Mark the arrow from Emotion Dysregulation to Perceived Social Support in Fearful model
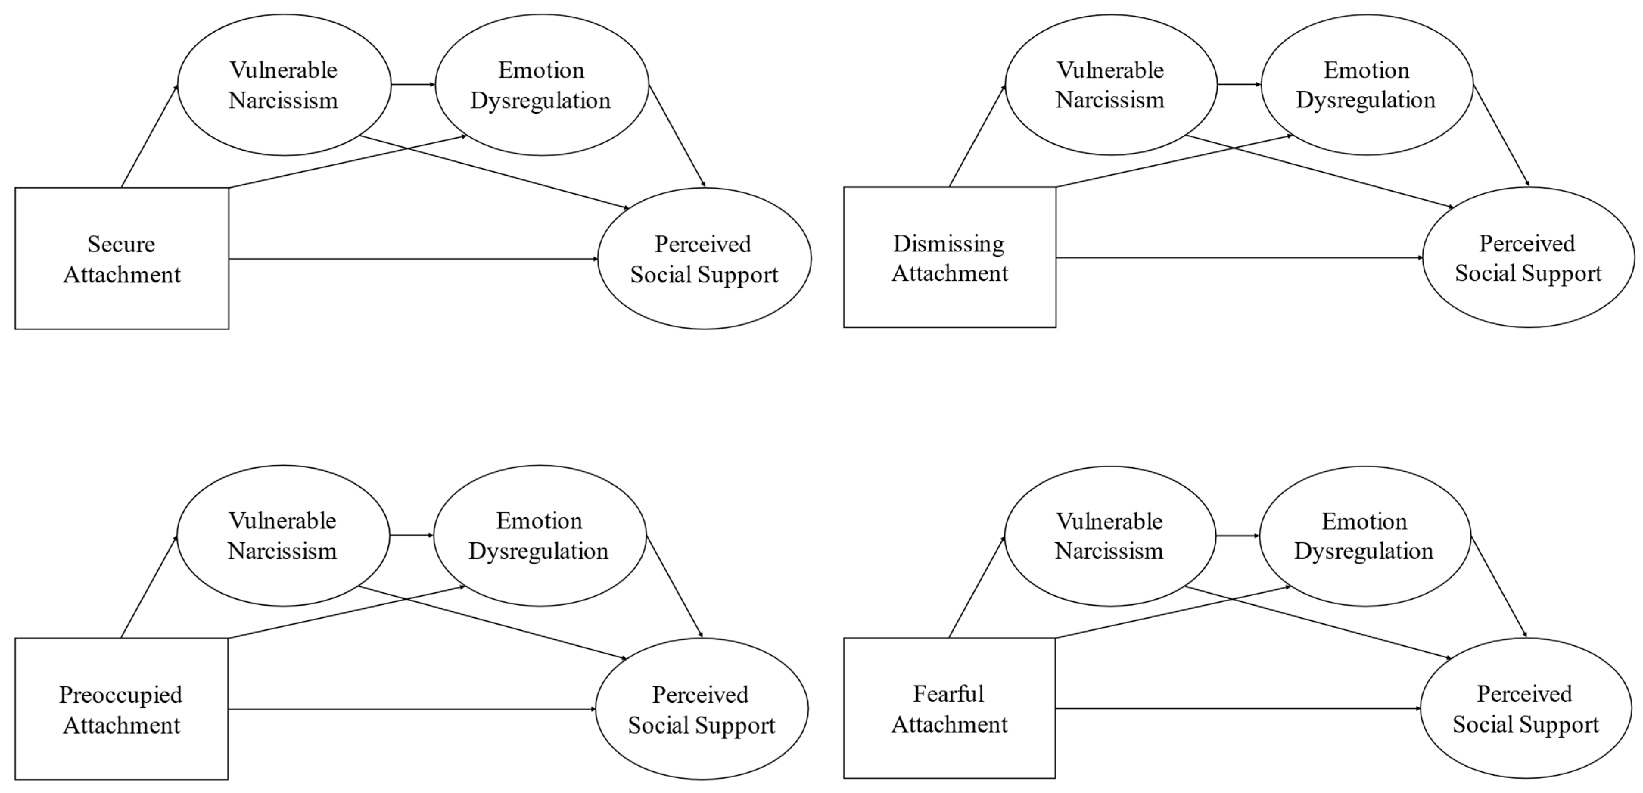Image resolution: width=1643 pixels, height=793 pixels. point(1499,587)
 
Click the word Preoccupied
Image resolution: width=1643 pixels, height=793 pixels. point(121,695)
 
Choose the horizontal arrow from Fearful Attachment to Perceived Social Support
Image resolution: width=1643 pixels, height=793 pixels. point(1237,708)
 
